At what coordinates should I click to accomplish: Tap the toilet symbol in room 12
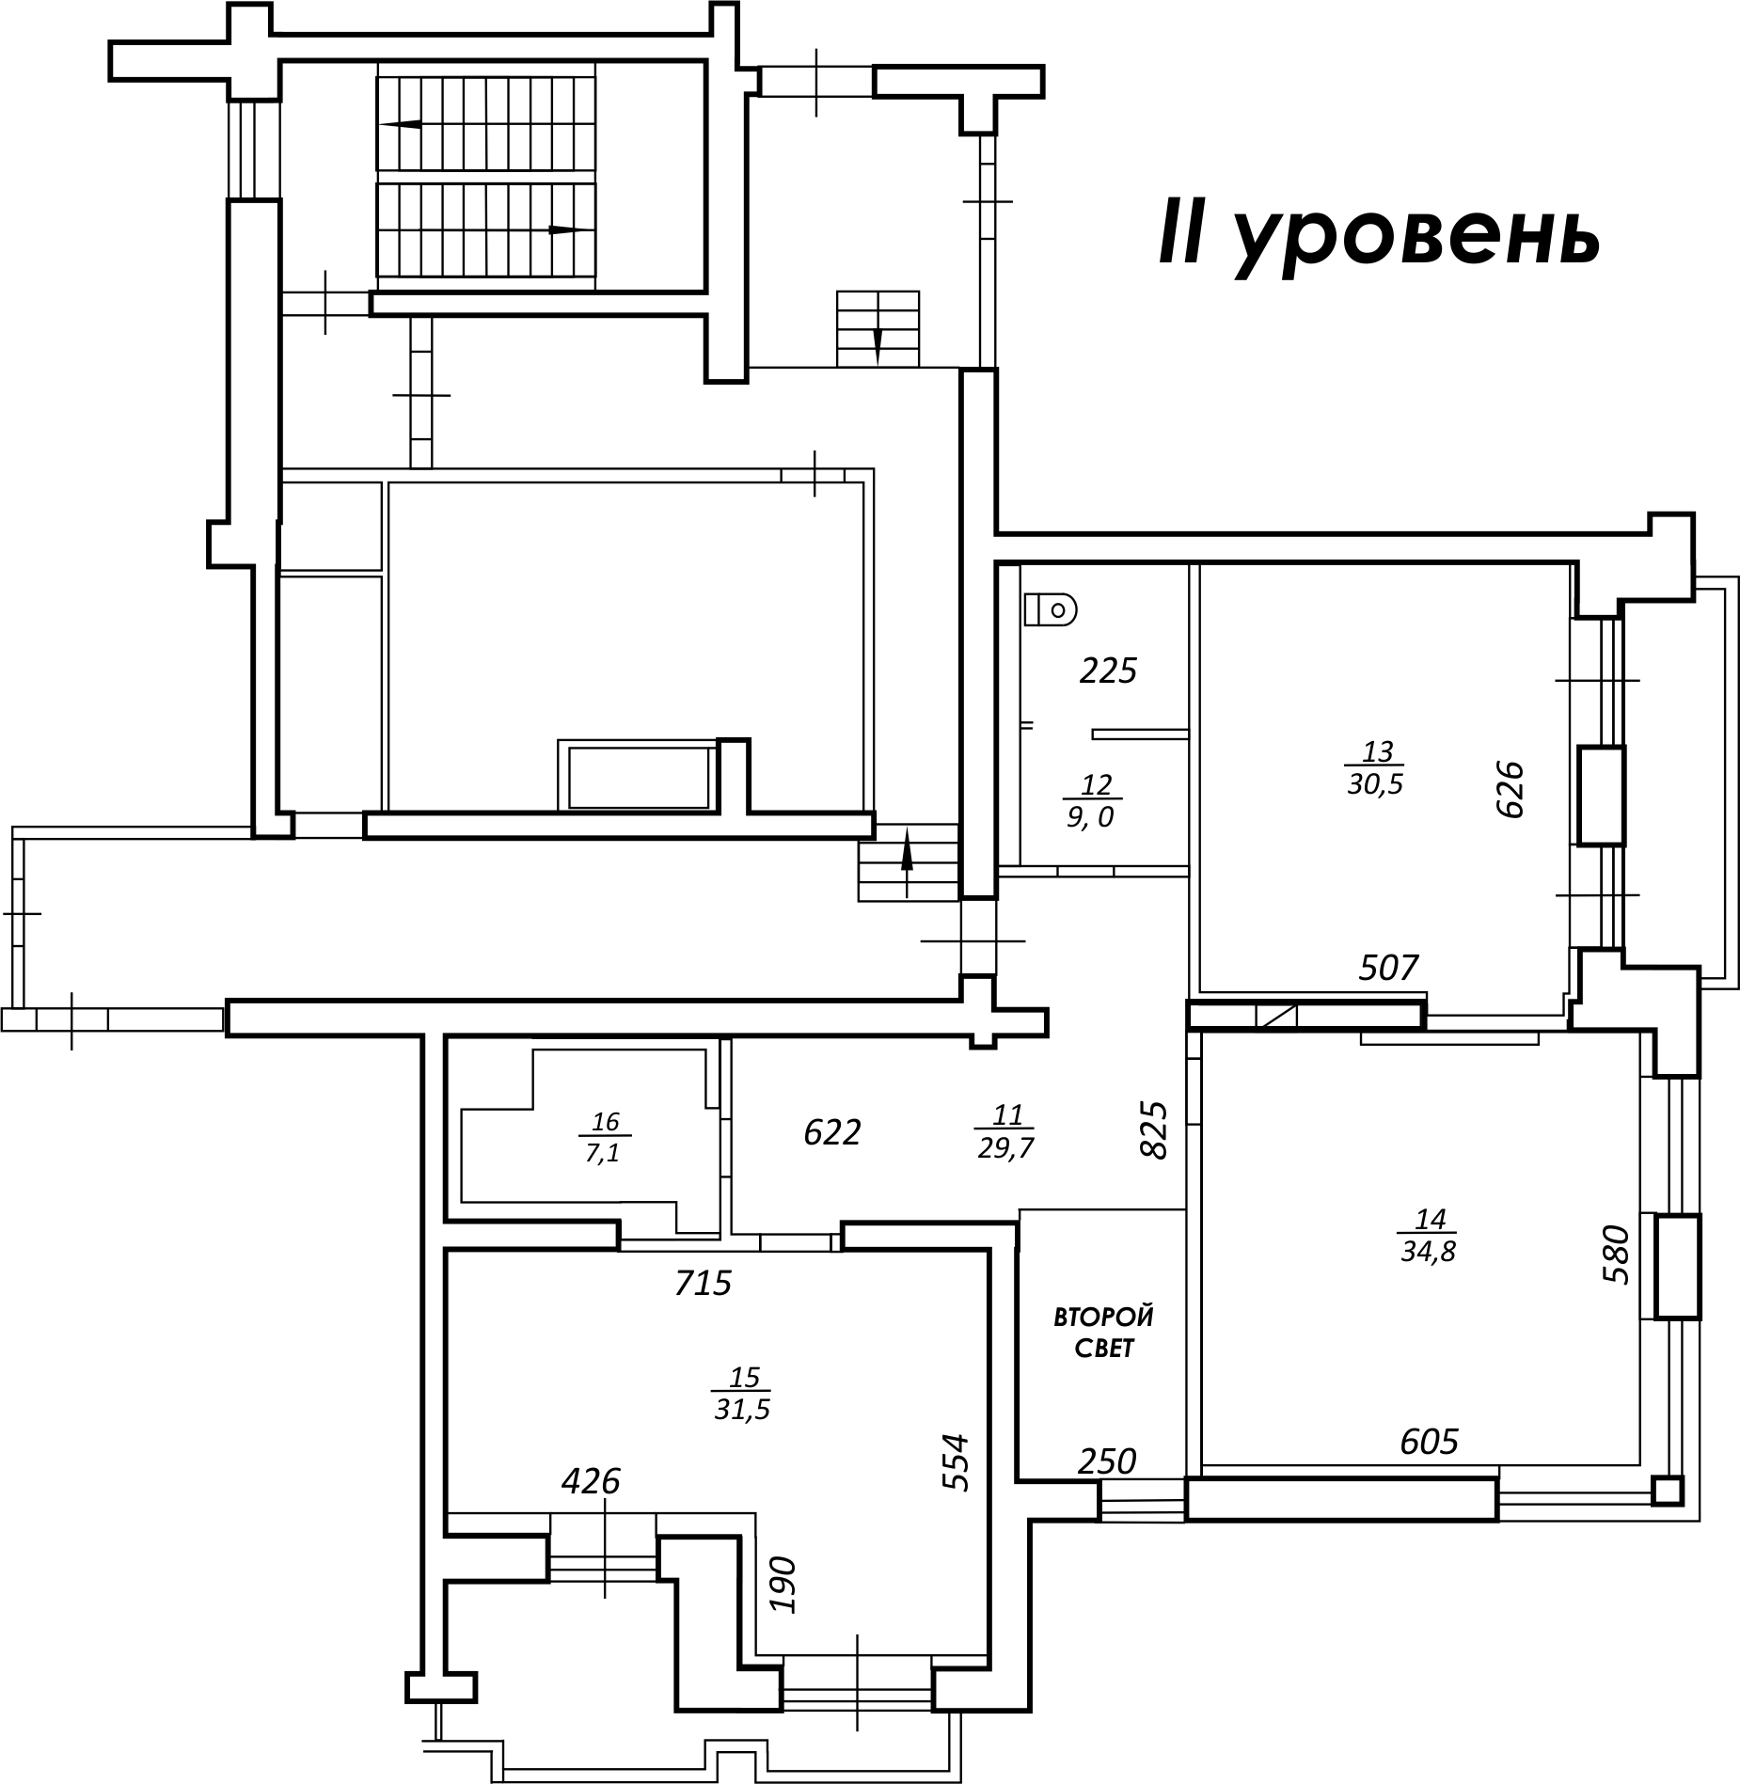click(1050, 609)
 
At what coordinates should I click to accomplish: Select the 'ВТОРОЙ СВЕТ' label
click(1103, 1332)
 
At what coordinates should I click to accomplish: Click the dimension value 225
click(1109, 671)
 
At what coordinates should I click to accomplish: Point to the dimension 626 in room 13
click(1509, 790)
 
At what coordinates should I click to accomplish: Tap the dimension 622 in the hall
click(832, 1132)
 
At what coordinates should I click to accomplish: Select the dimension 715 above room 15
click(703, 1283)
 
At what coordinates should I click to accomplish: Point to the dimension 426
click(591, 1481)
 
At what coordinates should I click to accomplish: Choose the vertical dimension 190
click(783, 1584)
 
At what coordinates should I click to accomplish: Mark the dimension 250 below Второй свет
click(1107, 1460)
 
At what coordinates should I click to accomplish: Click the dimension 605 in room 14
click(1429, 1441)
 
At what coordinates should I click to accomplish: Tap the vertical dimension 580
click(1614, 1254)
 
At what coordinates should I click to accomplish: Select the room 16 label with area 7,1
click(604, 1137)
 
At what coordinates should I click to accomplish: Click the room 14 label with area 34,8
click(1428, 1236)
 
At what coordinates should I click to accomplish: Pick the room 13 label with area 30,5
click(1375, 768)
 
